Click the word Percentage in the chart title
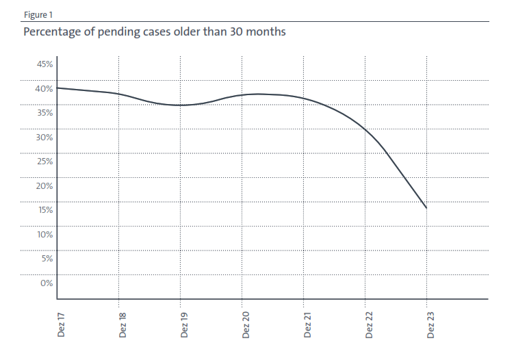(51, 32)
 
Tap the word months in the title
(266, 32)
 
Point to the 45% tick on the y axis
(44, 64)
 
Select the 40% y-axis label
(44, 89)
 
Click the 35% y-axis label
(44, 113)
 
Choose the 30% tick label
(44, 138)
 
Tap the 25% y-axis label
(44, 162)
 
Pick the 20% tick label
(44, 186)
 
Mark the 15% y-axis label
(44, 210)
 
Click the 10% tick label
(44, 235)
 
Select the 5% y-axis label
(46, 259)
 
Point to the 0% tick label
(46, 283)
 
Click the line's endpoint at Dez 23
(426, 208)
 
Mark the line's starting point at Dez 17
(57, 88)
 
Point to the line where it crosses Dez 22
(365, 130)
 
